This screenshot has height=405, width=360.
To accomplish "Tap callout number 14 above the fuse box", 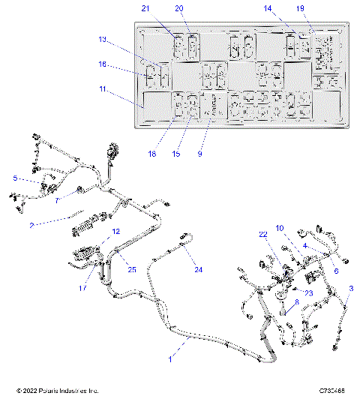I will pyautogui.click(x=288, y=8).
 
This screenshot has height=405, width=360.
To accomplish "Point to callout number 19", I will pyautogui.click(x=321, y=8).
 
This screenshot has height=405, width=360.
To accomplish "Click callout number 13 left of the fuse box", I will pyautogui.click(x=103, y=38).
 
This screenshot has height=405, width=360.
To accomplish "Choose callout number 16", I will pyautogui.click(x=103, y=65).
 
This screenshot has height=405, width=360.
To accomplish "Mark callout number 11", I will pyautogui.click(x=103, y=89).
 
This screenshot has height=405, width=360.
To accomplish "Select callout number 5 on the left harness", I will pyautogui.click(x=14, y=178).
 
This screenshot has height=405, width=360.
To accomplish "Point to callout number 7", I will pyautogui.click(x=57, y=200).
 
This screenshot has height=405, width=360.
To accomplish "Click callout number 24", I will pyautogui.click(x=199, y=268).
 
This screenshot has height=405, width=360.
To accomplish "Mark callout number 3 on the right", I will pyautogui.click(x=352, y=288).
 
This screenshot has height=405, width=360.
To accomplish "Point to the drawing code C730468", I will pyautogui.click(x=331, y=391).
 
